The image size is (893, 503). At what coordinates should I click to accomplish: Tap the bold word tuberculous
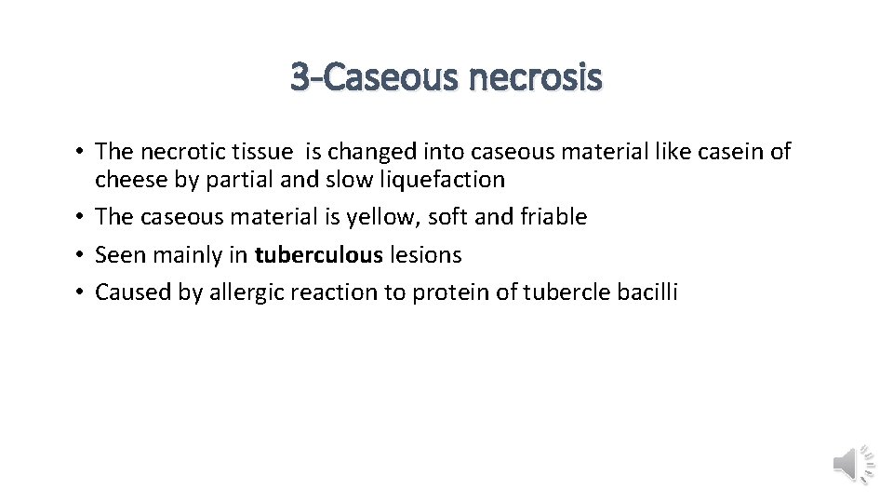pyautogui.click(x=319, y=254)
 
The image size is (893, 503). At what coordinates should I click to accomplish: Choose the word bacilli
pyautogui.click(x=648, y=292)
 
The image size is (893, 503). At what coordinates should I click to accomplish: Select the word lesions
pyautogui.click(x=425, y=254)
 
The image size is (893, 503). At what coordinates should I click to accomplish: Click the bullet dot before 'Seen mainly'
pyautogui.click(x=81, y=254)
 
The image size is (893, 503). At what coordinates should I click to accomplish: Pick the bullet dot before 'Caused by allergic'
pyautogui.click(x=81, y=292)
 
